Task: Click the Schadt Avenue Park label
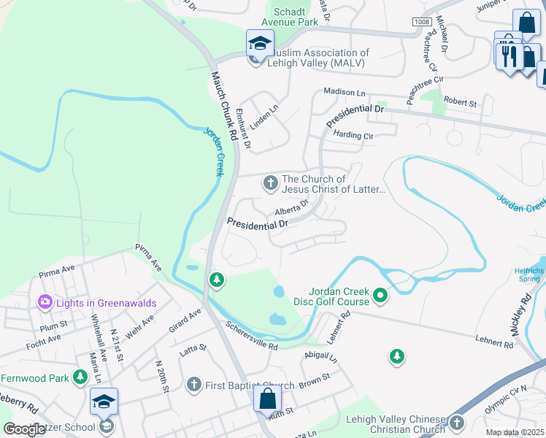coord(296,17)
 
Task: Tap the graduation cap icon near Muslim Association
coord(260,44)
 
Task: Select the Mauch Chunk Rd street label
coord(223,105)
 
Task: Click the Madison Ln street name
coord(344,93)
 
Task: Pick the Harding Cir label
coord(353,135)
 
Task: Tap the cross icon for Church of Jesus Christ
coord(271,182)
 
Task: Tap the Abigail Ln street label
coord(322,358)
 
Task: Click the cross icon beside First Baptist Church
coord(193,384)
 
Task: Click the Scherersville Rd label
coord(251,335)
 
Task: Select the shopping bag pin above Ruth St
coord(268,399)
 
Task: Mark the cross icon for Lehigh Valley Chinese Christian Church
coord(457,422)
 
